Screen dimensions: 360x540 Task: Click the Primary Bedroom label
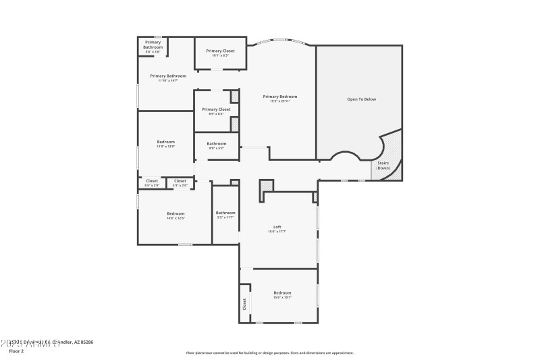(279, 97)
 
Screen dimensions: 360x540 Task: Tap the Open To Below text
(361, 99)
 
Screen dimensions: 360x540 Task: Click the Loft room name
(277, 227)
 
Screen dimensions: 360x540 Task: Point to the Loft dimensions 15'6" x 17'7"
(277, 232)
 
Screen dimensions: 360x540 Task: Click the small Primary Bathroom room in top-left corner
(153, 45)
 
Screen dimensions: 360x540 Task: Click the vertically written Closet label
(244, 304)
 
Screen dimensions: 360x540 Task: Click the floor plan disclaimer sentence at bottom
(269, 353)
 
